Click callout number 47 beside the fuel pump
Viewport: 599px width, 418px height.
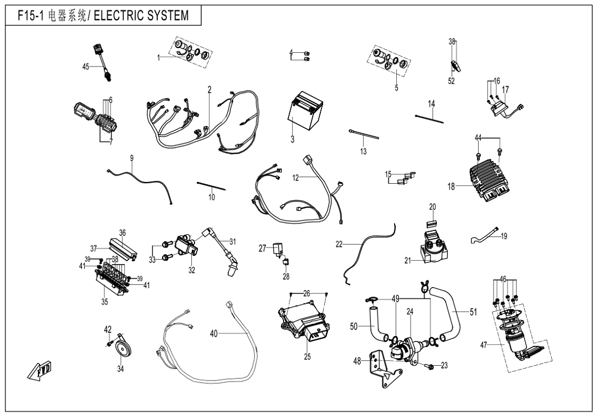483,345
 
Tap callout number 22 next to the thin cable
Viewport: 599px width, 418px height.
339,244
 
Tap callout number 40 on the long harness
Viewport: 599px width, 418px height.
214,333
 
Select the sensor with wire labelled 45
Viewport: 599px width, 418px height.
104,59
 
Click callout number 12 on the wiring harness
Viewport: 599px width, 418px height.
296,178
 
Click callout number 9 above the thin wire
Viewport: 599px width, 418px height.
132,158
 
